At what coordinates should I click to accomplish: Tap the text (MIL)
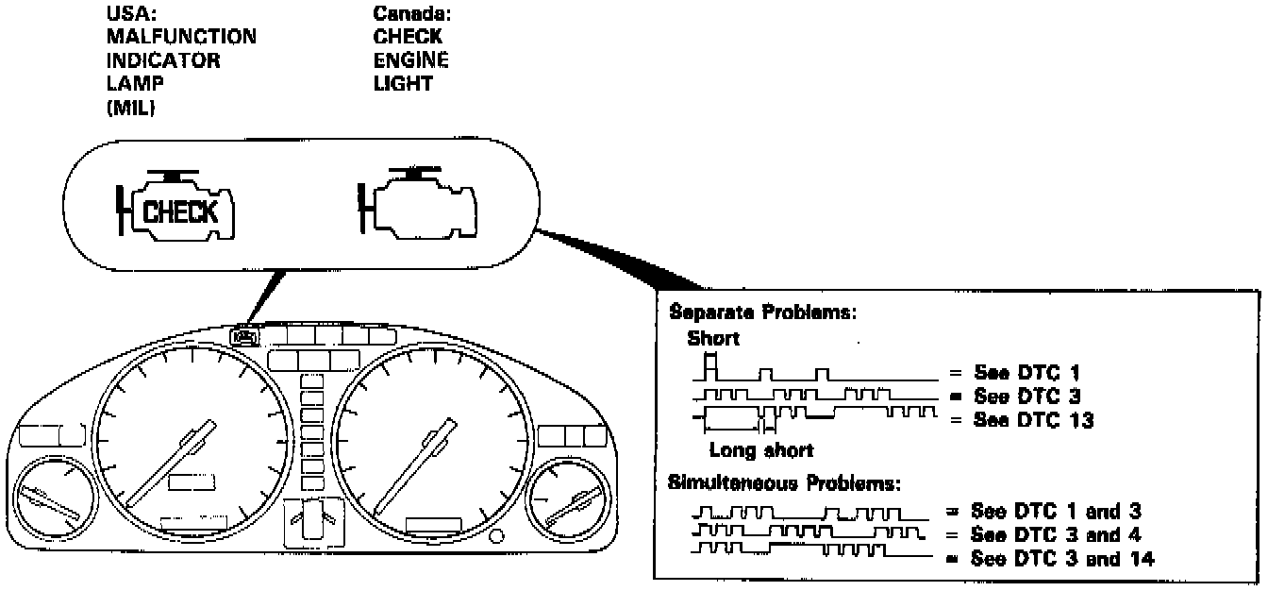(x=132, y=109)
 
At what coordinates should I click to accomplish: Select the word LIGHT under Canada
(x=402, y=84)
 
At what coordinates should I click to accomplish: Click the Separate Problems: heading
(x=761, y=312)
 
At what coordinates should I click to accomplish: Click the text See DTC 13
(x=1021, y=421)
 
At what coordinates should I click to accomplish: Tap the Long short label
(x=760, y=450)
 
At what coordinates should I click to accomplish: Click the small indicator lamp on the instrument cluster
(x=242, y=335)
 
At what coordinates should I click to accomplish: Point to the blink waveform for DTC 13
(x=816, y=414)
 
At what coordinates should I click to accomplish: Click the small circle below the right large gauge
(x=496, y=537)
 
